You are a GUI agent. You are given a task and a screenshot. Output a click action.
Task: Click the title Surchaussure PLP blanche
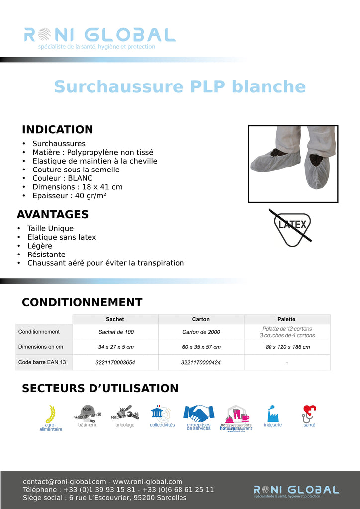pos(180,86)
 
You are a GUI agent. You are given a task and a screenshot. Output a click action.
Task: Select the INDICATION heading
pos(57,130)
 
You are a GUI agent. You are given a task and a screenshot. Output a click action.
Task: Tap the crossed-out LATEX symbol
pos(292,228)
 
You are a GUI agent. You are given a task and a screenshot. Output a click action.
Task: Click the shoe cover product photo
pos(293,164)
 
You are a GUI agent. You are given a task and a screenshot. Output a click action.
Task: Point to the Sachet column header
pos(115,319)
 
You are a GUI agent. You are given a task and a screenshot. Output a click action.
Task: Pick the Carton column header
pos(201,319)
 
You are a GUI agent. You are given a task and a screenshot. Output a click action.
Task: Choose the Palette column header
pos(286,319)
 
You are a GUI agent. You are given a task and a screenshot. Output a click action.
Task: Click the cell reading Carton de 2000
pos(201,332)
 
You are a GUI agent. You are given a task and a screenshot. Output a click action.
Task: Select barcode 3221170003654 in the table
pos(115,362)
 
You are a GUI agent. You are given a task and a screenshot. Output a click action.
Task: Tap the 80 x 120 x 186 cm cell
pos(286,347)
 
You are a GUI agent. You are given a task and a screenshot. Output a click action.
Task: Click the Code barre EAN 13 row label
pos(42,362)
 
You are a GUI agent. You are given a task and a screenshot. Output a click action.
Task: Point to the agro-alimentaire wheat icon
pos(51,414)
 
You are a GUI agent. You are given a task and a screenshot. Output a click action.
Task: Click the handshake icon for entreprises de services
pos(199,413)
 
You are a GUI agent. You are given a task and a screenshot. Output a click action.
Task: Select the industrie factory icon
pos(272,413)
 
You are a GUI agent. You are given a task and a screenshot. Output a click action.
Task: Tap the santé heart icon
pos(309,413)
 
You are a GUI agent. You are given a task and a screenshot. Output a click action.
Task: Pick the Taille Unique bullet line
pos(50,228)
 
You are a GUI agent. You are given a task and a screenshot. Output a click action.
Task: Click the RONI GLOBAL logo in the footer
pos(296,490)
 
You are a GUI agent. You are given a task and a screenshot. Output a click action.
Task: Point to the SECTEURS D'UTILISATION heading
pos(100,388)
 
